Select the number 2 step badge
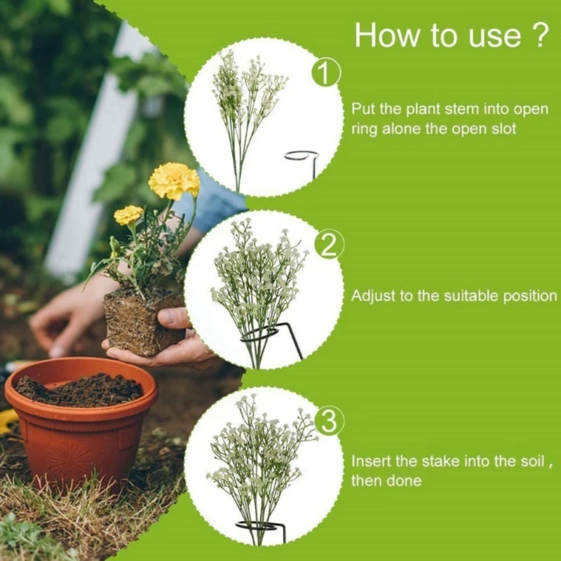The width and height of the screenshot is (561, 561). click(330, 245)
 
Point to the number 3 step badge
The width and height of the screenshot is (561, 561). click(329, 421)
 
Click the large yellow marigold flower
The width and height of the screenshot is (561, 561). click(174, 180)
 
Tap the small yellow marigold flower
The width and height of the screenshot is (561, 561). click(128, 215)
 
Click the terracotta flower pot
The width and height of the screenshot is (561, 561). click(81, 428)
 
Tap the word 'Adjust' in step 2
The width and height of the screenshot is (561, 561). click(373, 296)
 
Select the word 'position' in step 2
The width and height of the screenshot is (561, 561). click(529, 296)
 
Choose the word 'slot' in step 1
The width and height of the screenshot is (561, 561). click(503, 129)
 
